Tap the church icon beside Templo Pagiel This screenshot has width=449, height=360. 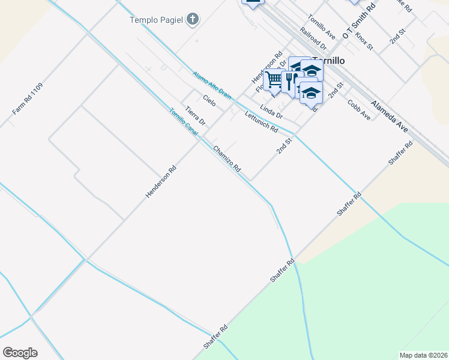click(x=192, y=20)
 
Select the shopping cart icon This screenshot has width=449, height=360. click(x=273, y=78)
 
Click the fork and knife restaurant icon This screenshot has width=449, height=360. click(x=291, y=80)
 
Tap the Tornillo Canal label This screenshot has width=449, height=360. click(x=184, y=121)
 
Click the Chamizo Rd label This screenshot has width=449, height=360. click(x=227, y=160)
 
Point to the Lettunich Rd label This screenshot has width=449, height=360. click(x=261, y=122)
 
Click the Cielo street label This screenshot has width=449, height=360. click(x=209, y=101)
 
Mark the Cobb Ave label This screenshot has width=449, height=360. click(x=359, y=109)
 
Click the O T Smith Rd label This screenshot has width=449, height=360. click(x=359, y=20)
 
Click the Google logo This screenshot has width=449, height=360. click(x=20, y=353)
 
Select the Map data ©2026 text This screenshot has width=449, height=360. click(x=423, y=355)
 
